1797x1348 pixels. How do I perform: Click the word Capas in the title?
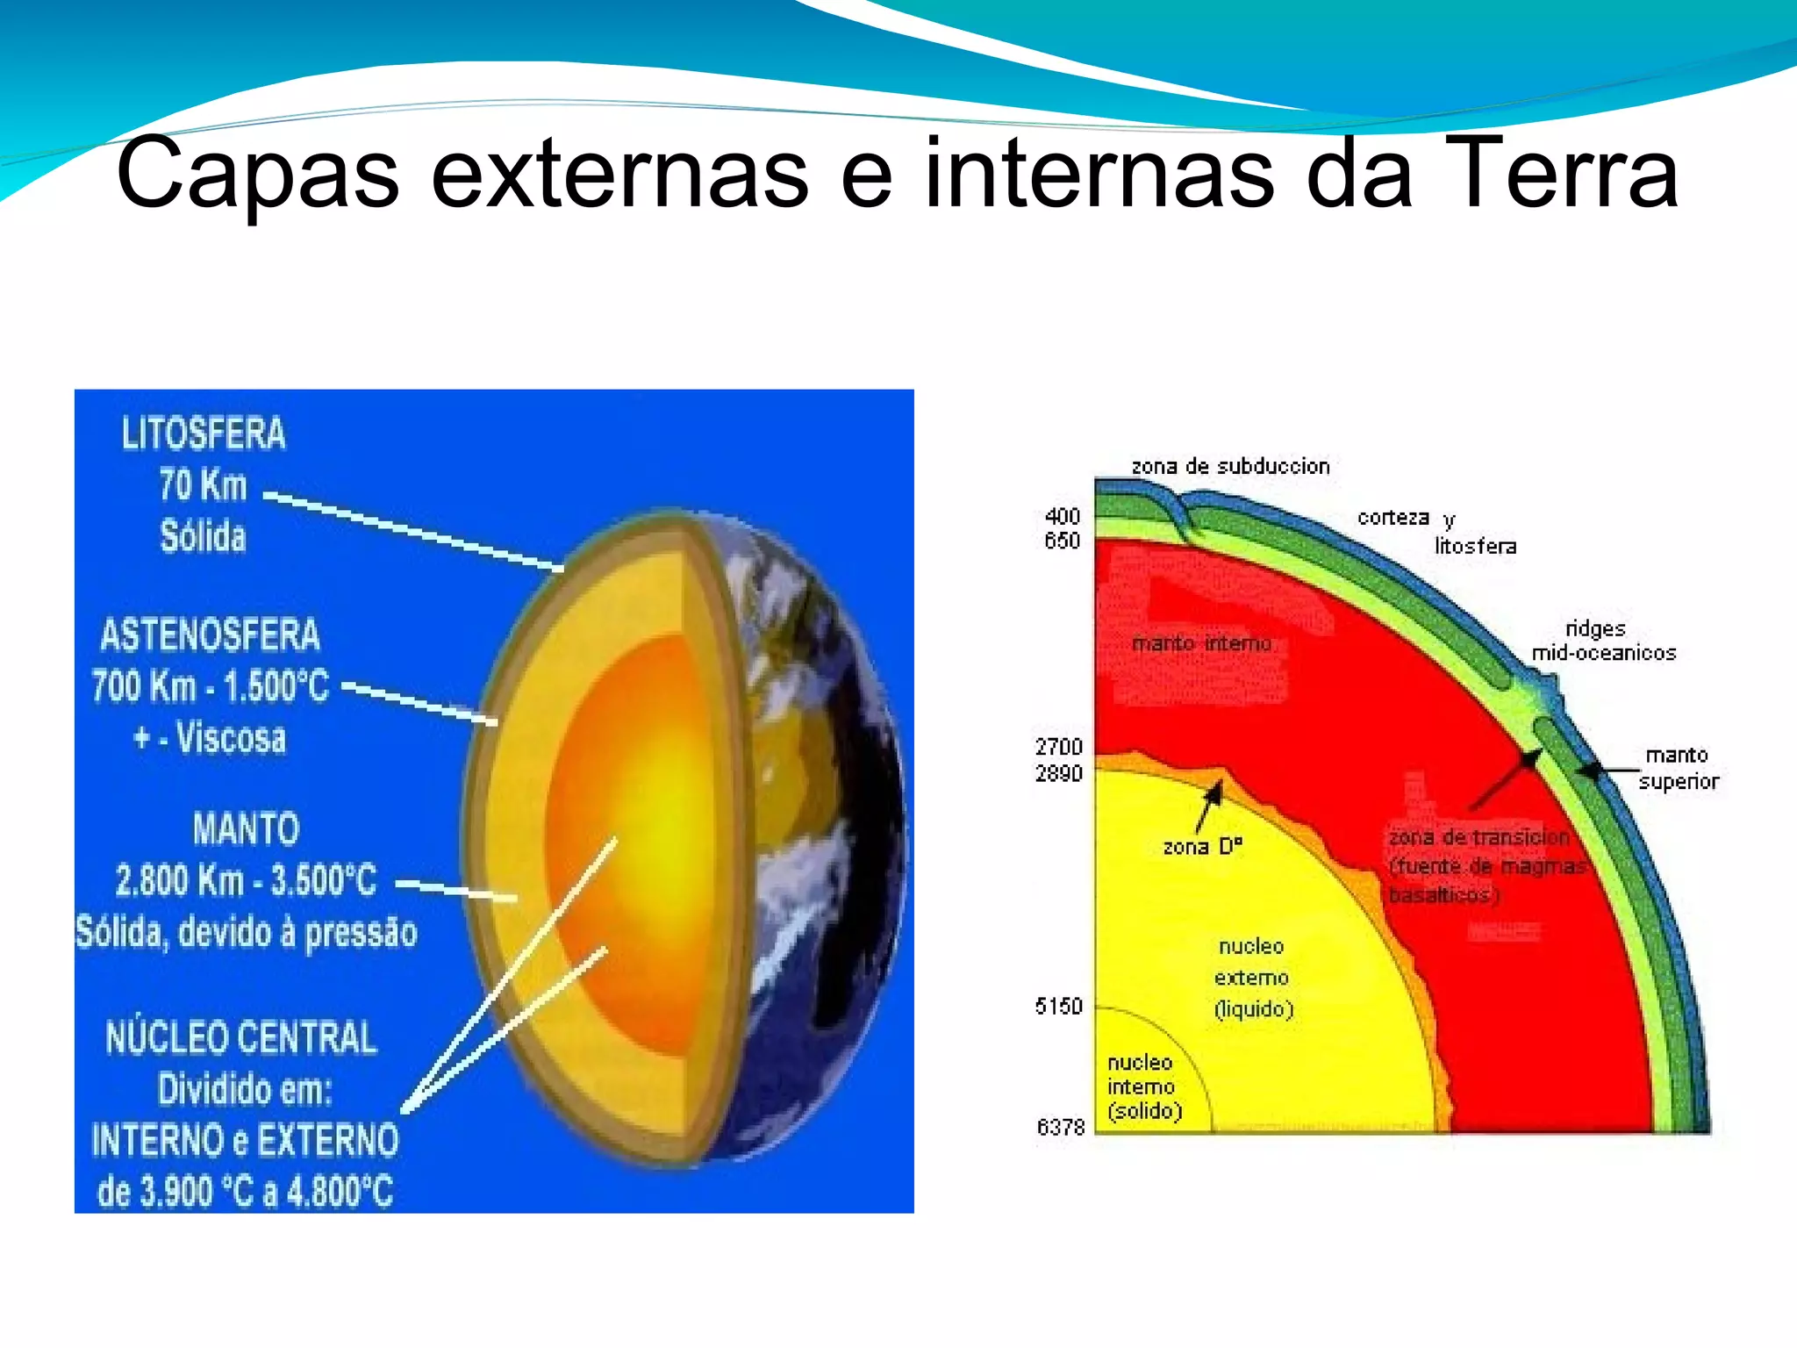click(x=258, y=174)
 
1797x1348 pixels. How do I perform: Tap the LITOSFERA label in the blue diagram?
click(x=204, y=434)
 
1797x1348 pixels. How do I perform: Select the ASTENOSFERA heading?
click(x=211, y=635)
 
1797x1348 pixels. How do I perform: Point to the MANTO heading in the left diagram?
click(x=246, y=828)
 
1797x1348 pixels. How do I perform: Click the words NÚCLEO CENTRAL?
click(x=241, y=1037)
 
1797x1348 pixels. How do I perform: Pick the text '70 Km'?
click(x=203, y=485)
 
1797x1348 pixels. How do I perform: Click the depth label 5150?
click(x=1059, y=1006)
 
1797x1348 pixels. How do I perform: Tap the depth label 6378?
click(x=1061, y=1127)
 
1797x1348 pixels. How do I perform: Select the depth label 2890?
click(x=1059, y=773)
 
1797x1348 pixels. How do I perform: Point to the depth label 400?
click(x=1062, y=516)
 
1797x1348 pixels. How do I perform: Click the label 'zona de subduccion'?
click(x=1230, y=466)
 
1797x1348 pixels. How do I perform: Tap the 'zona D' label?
click(x=1202, y=847)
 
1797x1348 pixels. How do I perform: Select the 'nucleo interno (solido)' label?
click(x=1143, y=1086)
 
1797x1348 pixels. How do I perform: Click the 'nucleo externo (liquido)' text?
click(x=1252, y=978)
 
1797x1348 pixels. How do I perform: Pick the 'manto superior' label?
click(x=1678, y=768)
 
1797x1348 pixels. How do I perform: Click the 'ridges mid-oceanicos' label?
click(x=1602, y=641)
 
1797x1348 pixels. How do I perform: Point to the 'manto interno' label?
click(x=1201, y=643)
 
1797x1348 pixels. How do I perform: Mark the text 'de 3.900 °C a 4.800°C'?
click(x=245, y=1191)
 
